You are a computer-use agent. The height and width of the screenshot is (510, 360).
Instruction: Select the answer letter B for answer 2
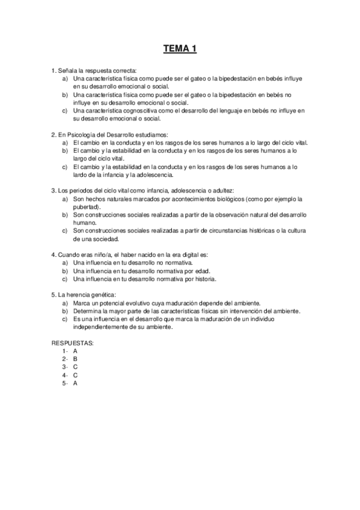[75, 358]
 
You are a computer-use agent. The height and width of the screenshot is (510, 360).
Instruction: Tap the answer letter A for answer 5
[75, 382]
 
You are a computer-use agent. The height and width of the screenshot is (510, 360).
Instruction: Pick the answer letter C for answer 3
[75, 366]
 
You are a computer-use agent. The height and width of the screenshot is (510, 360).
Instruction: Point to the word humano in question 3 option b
[84, 222]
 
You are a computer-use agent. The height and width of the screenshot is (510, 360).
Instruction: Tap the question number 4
[53, 255]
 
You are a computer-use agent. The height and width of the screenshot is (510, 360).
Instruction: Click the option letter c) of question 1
[64, 111]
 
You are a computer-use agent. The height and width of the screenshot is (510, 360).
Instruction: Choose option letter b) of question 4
[64, 271]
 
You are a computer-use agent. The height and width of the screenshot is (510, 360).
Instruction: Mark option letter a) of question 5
[64, 304]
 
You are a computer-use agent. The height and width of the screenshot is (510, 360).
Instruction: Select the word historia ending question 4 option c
[203, 279]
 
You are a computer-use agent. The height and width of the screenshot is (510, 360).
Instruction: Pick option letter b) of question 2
[64, 151]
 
